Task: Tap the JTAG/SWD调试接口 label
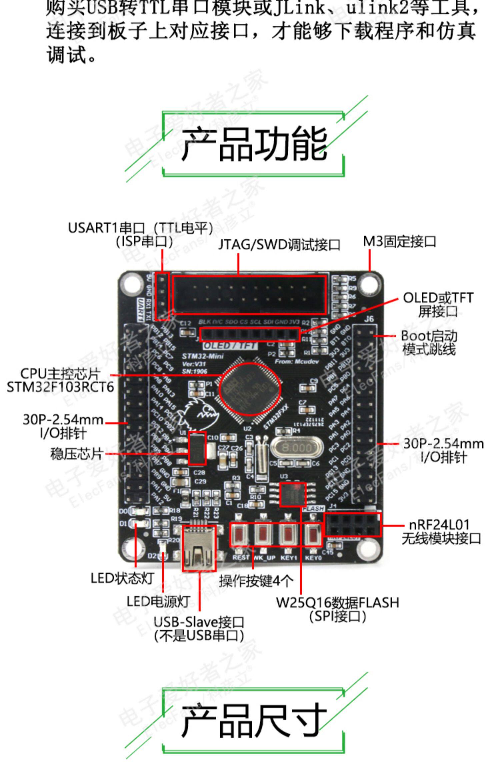[279, 245]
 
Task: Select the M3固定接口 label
[399, 241]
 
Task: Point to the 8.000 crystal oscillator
[296, 447]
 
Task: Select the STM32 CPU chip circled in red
[250, 389]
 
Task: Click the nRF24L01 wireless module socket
[353, 525]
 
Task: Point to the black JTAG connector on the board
[249, 295]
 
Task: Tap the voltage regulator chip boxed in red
[197, 448]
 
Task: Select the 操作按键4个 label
[256, 581]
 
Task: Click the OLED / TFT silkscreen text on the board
[230, 345]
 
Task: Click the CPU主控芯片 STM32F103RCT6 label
[60, 380]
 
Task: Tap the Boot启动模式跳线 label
[429, 343]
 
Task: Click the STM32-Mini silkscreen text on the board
[203, 356]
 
